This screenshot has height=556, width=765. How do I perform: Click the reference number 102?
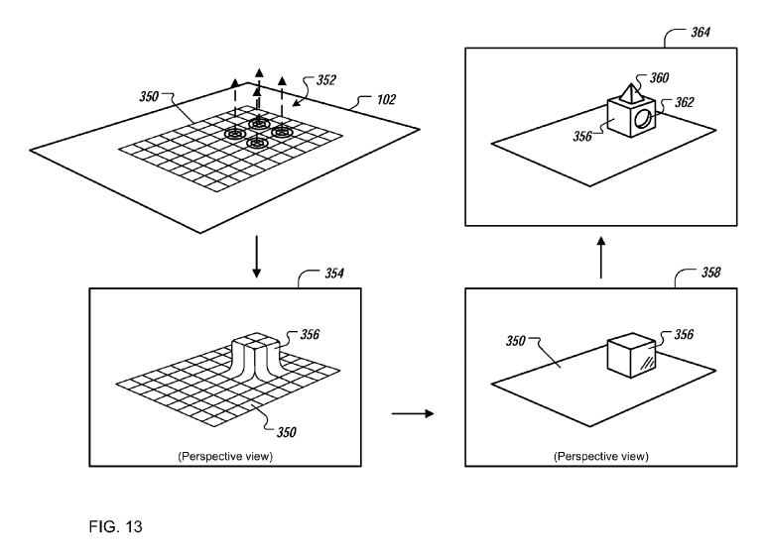click(x=387, y=99)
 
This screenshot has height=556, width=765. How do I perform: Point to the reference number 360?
click(x=661, y=76)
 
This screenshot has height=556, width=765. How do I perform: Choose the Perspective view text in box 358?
click(x=600, y=457)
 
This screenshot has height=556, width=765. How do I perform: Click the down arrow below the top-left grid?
click(x=256, y=259)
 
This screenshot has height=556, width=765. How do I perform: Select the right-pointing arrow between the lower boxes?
click(x=413, y=411)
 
